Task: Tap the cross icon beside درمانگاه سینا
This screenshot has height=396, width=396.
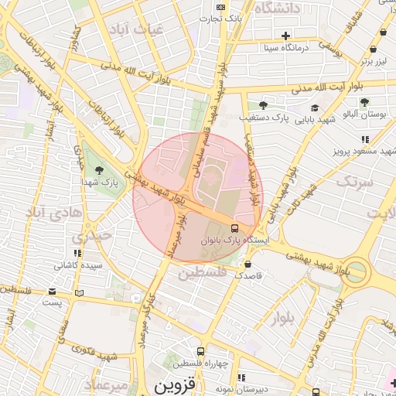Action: tap(285, 36)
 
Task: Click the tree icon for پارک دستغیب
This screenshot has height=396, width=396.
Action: tap(263, 104)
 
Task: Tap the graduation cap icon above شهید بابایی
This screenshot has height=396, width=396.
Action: tap(315, 108)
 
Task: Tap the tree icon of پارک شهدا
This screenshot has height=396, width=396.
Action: tap(98, 169)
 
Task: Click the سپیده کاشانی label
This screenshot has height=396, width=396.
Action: tap(77, 265)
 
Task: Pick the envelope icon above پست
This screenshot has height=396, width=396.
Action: tap(52, 292)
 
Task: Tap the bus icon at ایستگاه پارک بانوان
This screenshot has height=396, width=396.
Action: tap(234, 227)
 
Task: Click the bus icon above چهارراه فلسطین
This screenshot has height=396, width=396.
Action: tap(201, 350)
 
